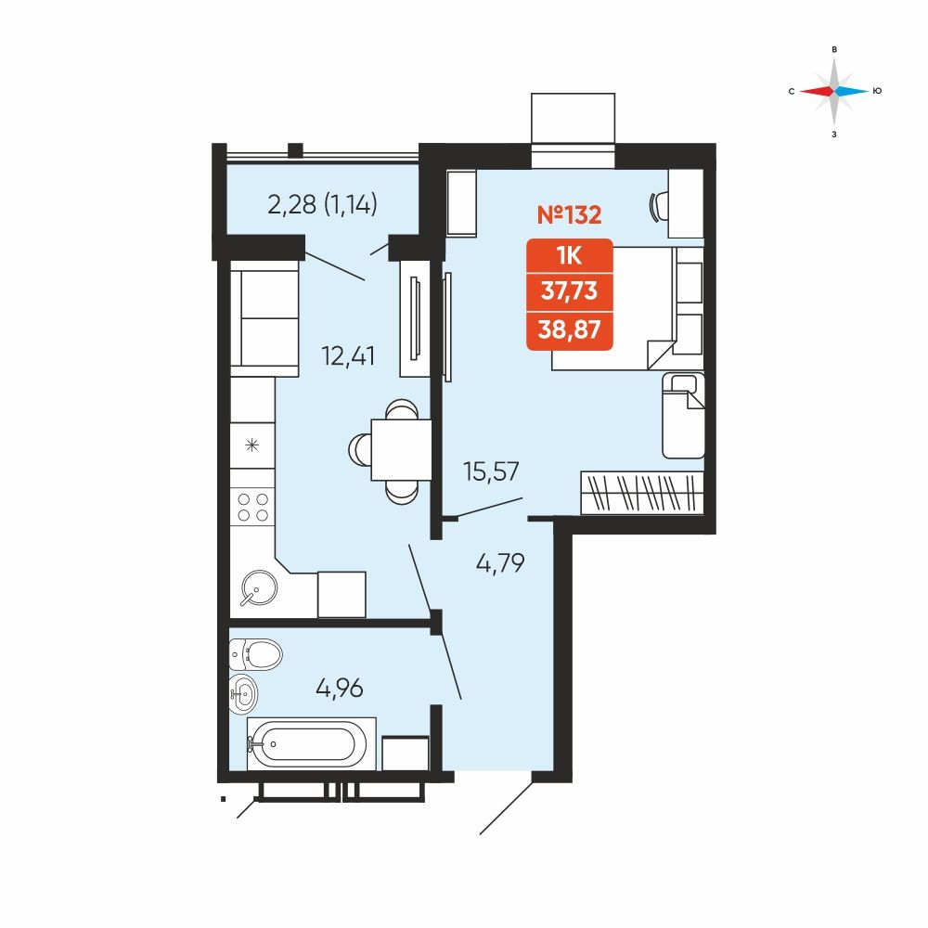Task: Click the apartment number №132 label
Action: (569, 214)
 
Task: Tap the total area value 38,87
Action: (570, 329)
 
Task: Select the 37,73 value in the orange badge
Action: (570, 291)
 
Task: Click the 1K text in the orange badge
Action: (570, 256)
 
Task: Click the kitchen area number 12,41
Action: (347, 356)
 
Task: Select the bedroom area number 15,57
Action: (491, 471)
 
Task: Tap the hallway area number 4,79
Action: (500, 563)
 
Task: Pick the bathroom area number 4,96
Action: (339, 688)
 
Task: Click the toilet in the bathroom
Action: (256, 654)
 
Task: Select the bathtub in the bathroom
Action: (311, 744)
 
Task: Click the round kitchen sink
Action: (259, 587)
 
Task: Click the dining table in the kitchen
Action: (401, 450)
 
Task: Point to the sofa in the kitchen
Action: (264, 318)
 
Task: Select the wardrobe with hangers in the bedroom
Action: (642, 493)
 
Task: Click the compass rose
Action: (834, 91)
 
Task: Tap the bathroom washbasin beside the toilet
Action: (244, 693)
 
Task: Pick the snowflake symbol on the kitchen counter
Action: (252, 445)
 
